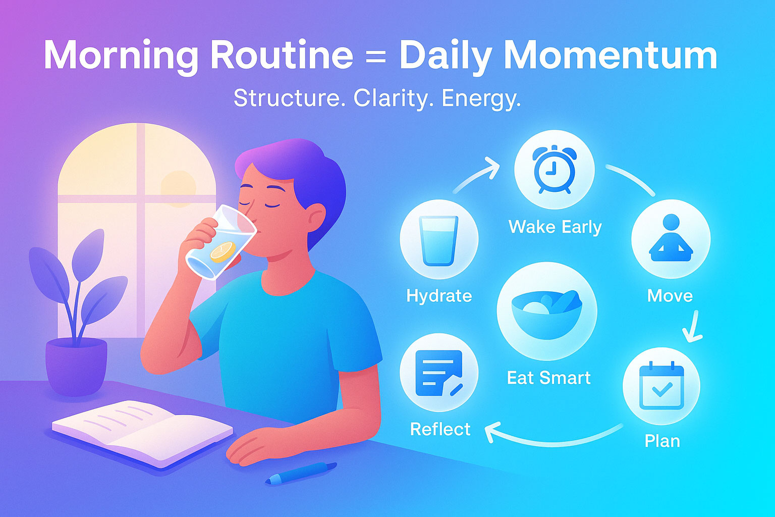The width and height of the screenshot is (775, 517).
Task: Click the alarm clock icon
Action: (x=553, y=170)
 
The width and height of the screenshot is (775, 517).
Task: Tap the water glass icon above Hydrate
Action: (x=439, y=240)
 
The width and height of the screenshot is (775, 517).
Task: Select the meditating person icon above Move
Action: (x=671, y=238)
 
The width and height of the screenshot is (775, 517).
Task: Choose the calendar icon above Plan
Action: (x=661, y=386)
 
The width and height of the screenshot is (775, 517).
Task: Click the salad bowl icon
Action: (x=547, y=311)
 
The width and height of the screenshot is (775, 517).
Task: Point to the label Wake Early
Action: (x=555, y=227)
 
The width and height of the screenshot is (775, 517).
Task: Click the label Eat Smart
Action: (x=548, y=378)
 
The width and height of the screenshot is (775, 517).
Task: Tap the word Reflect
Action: (x=440, y=429)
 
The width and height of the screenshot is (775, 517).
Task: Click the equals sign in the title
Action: (x=376, y=56)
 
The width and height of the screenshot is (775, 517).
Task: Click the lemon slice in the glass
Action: (x=223, y=251)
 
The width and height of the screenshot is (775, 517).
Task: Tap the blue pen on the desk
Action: (x=301, y=473)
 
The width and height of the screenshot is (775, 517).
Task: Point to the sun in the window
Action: (x=178, y=188)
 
